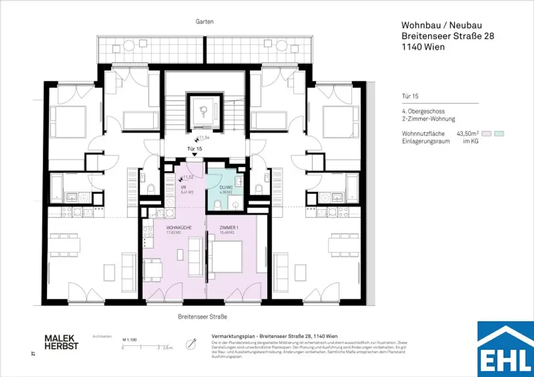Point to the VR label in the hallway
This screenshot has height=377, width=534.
click(x=184, y=187)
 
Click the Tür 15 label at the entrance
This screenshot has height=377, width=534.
click(x=195, y=149)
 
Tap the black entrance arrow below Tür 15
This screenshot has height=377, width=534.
click(x=195, y=154)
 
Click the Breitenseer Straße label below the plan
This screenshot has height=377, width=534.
click(x=201, y=317)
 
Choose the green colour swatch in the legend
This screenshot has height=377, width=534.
click(x=499, y=134)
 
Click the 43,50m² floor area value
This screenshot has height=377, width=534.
click(x=467, y=134)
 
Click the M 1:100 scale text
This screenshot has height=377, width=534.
click(x=130, y=339)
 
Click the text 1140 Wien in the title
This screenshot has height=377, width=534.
click(x=422, y=47)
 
